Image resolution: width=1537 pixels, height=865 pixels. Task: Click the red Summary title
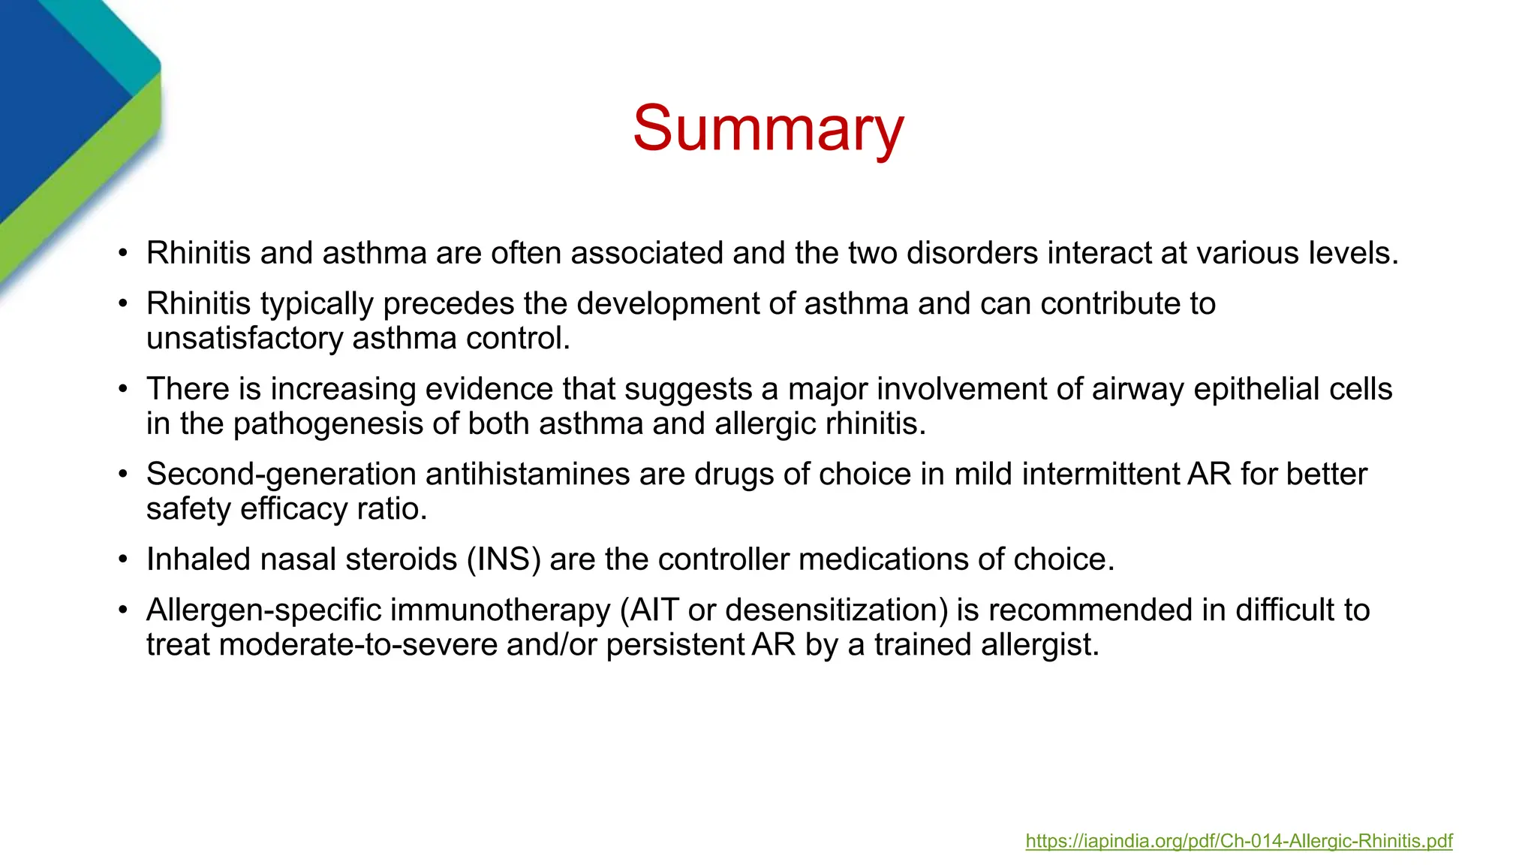click(768, 129)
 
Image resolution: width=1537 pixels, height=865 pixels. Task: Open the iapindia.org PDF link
click(1238, 841)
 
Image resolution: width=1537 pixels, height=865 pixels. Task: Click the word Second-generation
click(281, 475)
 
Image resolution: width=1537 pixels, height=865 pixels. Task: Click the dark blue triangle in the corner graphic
click(53, 98)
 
